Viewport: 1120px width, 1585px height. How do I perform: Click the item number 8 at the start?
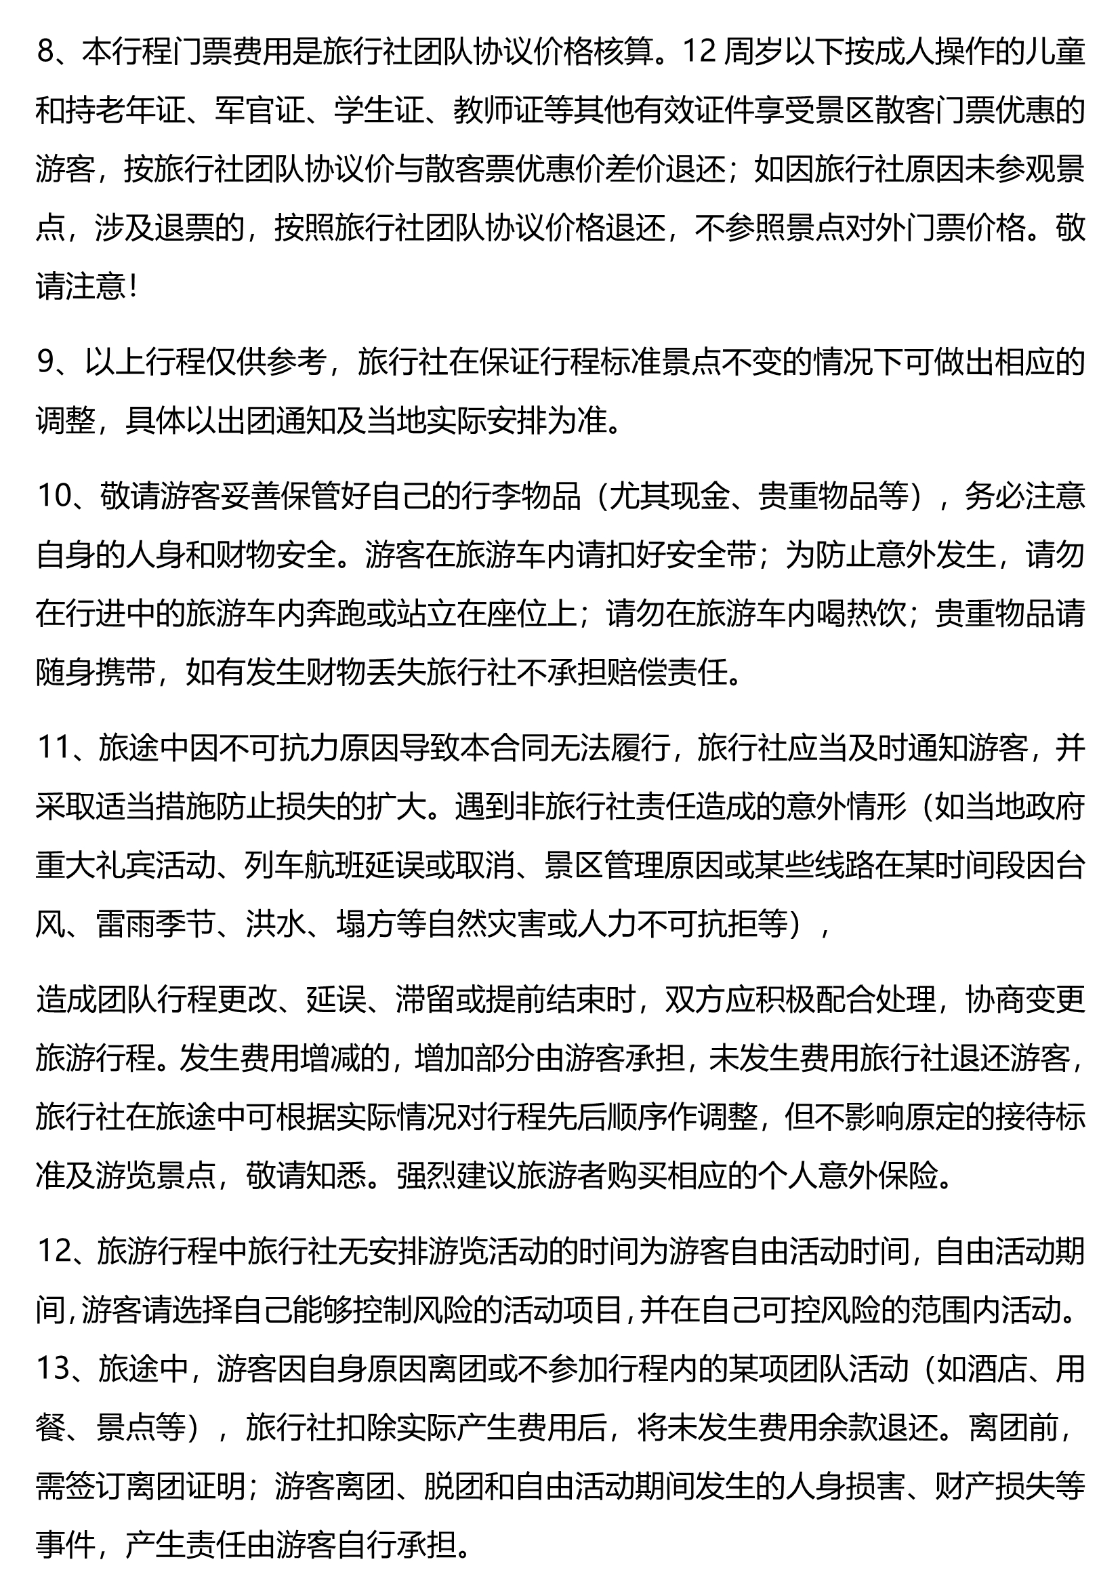tap(45, 52)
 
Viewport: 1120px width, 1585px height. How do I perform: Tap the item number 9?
tap(45, 363)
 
